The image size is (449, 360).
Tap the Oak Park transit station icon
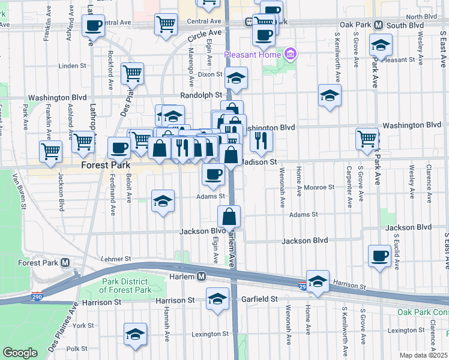(379, 25)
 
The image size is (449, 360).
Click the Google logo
(20, 352)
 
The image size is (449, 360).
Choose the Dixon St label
(210, 74)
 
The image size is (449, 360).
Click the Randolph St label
(201, 95)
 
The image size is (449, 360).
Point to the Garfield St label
(256, 298)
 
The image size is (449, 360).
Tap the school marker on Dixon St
(237, 77)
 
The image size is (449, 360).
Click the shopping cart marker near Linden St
(132, 73)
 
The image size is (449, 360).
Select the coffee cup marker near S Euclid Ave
(379, 256)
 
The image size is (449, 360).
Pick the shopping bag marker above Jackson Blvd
(229, 216)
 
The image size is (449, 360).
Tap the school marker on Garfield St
(217, 298)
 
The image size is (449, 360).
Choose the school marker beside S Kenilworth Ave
(329, 95)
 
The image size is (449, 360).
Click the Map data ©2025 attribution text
(423, 355)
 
